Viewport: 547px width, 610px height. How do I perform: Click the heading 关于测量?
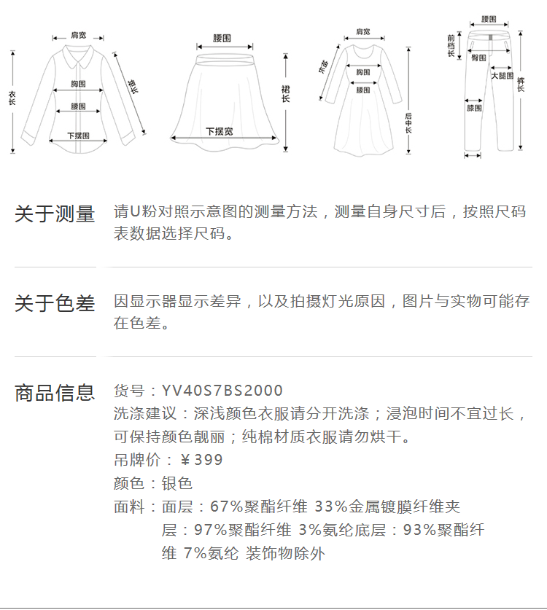(55, 214)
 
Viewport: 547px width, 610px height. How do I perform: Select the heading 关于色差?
(55, 303)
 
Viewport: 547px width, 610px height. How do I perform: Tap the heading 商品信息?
(55, 393)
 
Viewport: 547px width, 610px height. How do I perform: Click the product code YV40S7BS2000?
(222, 391)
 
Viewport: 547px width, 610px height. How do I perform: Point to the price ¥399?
(201, 460)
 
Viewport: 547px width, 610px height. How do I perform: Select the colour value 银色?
(176, 483)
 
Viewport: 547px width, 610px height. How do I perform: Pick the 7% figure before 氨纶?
(195, 553)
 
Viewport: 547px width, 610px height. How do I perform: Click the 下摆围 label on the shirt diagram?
(78, 136)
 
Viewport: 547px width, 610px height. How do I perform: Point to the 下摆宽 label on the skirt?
(219, 131)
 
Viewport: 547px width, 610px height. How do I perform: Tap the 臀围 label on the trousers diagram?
(479, 57)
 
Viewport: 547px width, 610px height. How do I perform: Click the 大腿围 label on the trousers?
(502, 75)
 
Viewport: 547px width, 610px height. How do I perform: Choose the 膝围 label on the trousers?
(474, 108)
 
